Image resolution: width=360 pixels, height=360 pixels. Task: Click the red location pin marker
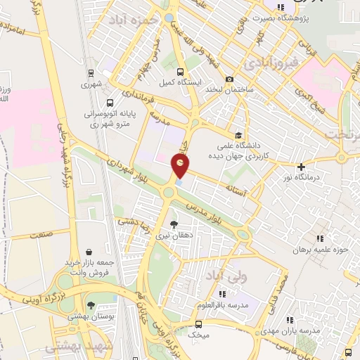point(181,167)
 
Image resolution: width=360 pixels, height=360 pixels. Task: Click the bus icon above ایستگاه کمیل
point(181,72)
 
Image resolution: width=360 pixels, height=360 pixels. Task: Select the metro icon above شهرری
point(91,73)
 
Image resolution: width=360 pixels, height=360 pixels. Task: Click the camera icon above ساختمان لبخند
point(229,80)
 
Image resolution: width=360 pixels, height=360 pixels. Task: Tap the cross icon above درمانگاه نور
point(302,167)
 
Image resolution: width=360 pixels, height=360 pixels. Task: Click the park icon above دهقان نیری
point(174,225)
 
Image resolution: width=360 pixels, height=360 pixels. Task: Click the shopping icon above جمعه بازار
point(89,251)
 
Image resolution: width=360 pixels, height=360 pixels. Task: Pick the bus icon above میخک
point(199,324)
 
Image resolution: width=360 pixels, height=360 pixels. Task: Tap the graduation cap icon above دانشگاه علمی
point(238,136)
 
